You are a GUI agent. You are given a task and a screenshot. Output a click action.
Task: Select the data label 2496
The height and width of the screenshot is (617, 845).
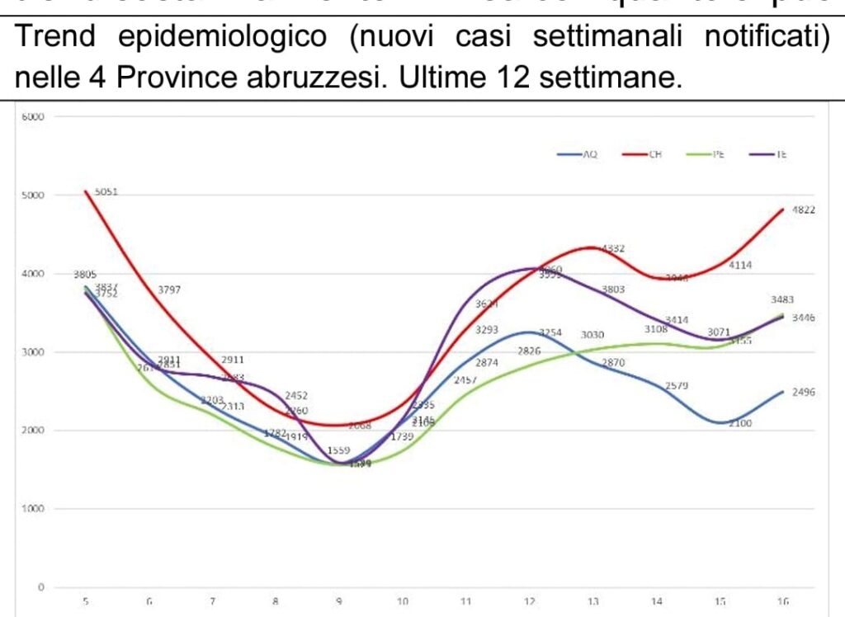803,393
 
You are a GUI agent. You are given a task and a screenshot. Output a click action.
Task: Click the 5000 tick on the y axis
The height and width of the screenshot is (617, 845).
34,195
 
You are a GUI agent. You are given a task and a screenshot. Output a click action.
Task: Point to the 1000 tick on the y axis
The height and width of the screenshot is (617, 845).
34,509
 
